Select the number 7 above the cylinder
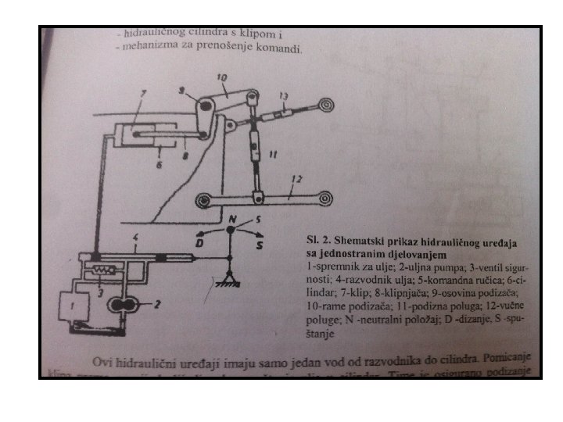coord(143,95)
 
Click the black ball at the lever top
coord(231,230)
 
